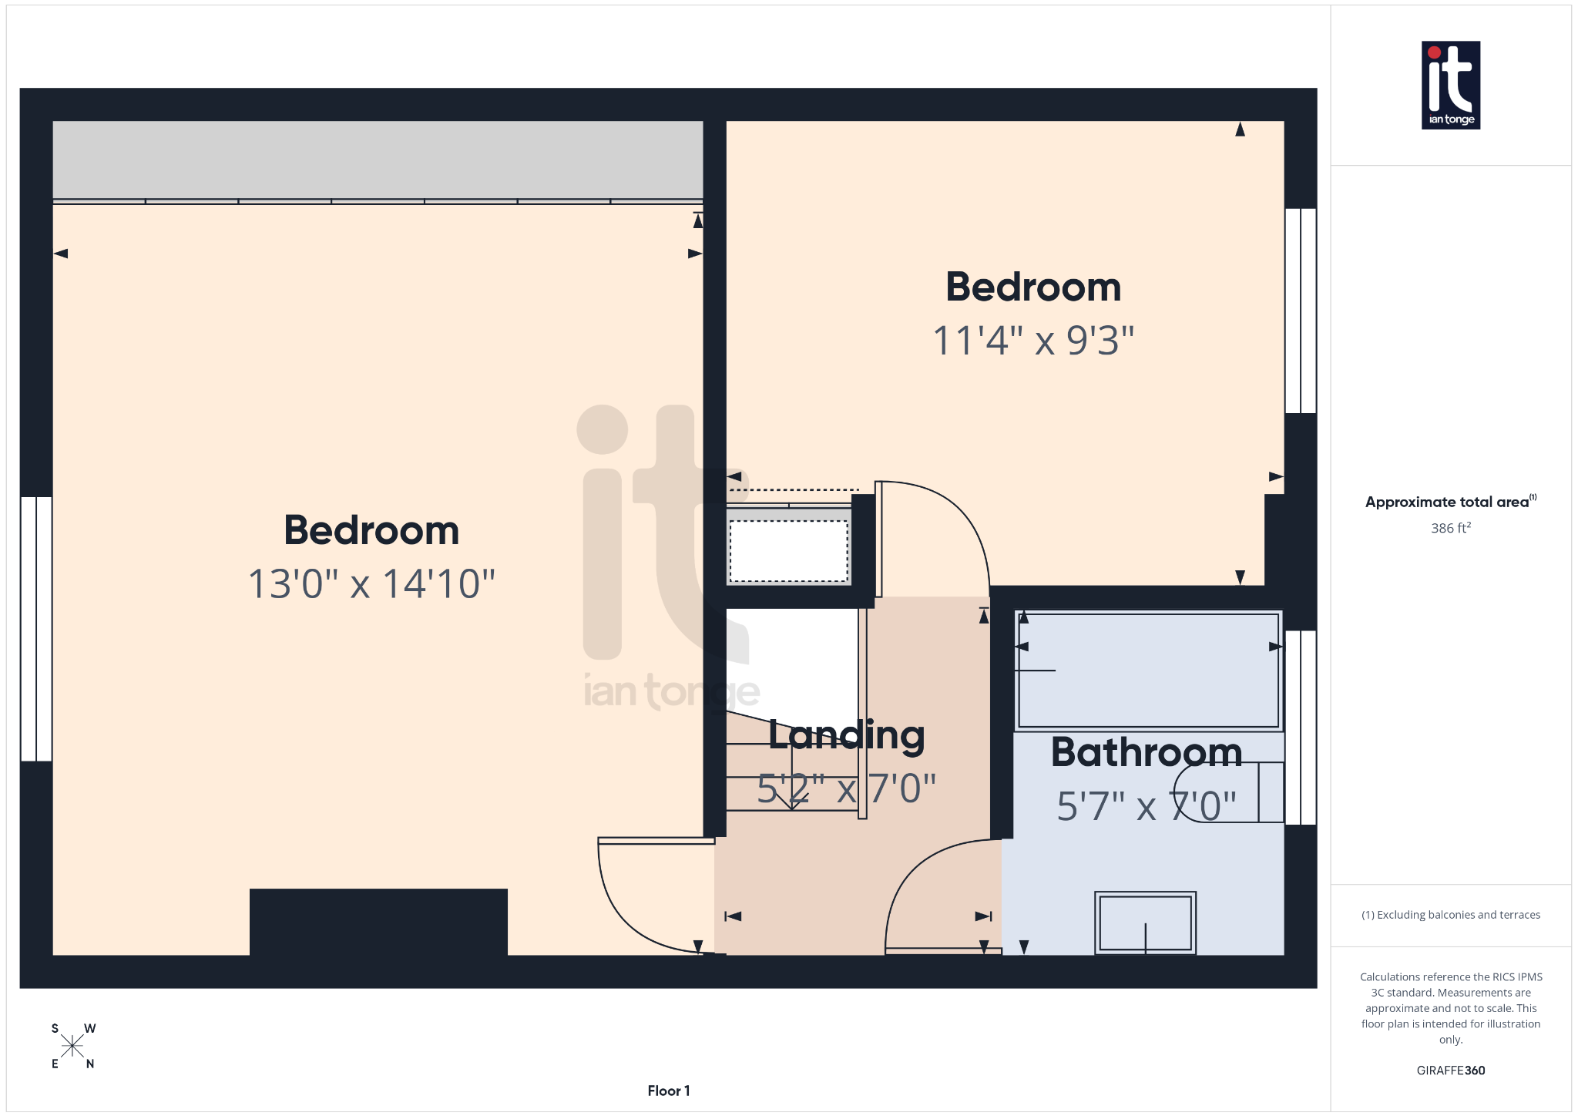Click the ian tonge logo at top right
coord(1450,85)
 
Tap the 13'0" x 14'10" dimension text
coord(371,584)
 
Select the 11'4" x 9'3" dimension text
coord(1033,341)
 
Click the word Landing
coord(846,735)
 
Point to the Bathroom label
coord(1147,752)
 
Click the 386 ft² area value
coord(1450,528)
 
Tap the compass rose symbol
coord(72,1046)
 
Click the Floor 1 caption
coord(669,1091)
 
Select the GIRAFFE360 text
coord(1450,1071)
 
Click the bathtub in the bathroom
coord(1148,670)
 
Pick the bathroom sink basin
coord(1145,923)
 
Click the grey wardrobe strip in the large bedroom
coord(378,160)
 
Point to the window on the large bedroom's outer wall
coord(36,629)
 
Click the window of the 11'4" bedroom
coord(1301,311)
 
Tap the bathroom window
coord(1301,728)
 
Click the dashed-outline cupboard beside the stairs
coord(788,551)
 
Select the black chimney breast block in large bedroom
coord(378,922)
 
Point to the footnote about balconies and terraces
coord(1450,915)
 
